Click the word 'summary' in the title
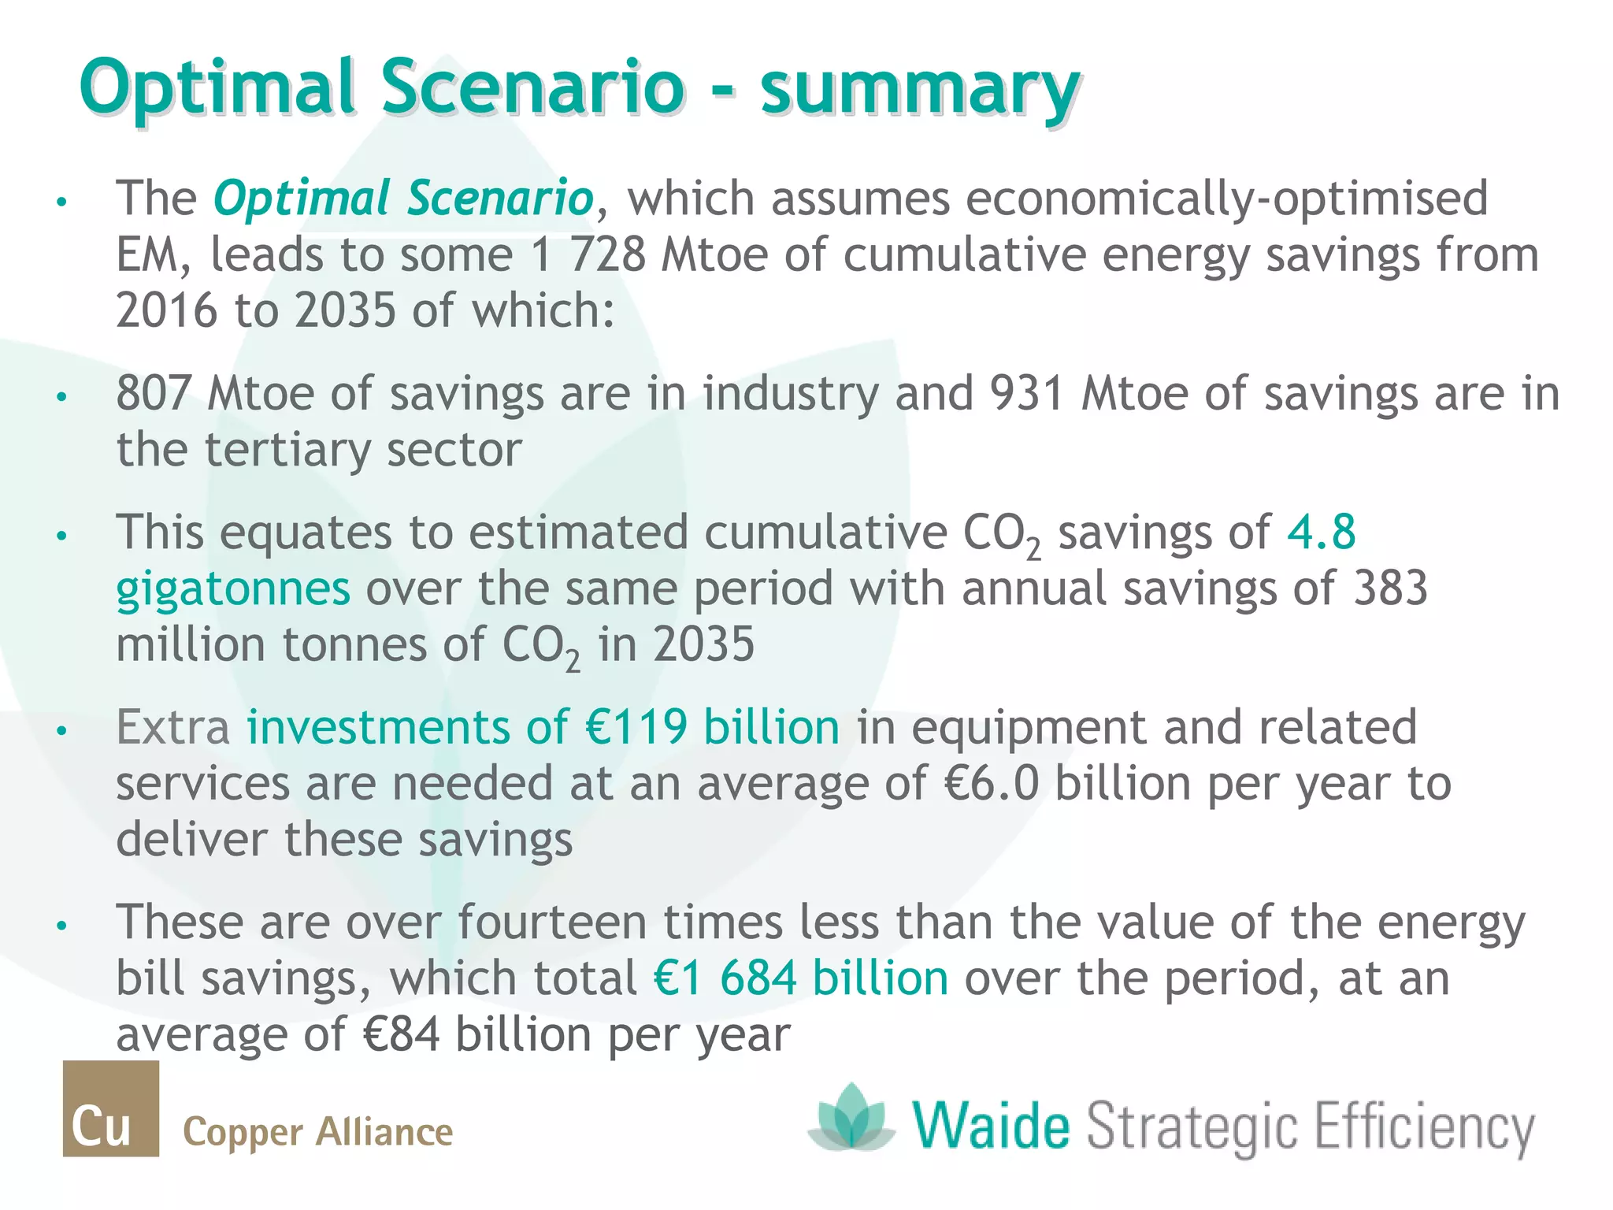[x=919, y=88]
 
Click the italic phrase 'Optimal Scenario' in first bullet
[x=403, y=199]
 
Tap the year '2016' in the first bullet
[x=166, y=311]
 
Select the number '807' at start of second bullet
[x=153, y=393]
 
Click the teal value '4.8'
[x=1321, y=532]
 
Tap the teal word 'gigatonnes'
[x=233, y=588]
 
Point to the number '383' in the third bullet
[x=1390, y=588]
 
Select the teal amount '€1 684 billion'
[x=801, y=978]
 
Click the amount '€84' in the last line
[x=402, y=1034]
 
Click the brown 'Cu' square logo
[x=111, y=1108]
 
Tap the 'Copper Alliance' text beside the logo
[x=317, y=1133]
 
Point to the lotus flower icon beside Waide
[x=851, y=1117]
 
